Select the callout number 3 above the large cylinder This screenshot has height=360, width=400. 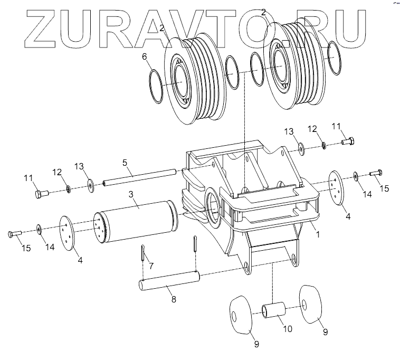click(130, 194)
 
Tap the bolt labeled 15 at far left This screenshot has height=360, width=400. click(15, 233)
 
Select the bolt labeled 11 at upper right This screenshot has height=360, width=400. click(348, 141)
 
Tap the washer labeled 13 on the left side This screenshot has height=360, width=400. click(91, 183)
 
